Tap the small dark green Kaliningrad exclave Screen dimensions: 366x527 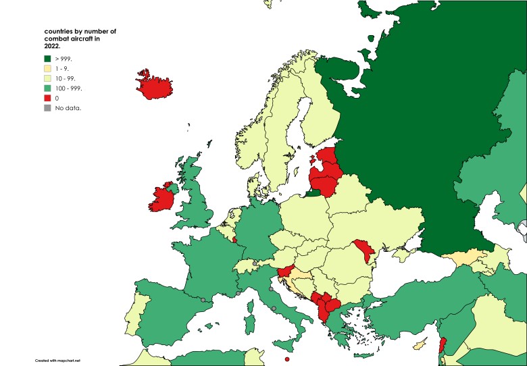(313, 193)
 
